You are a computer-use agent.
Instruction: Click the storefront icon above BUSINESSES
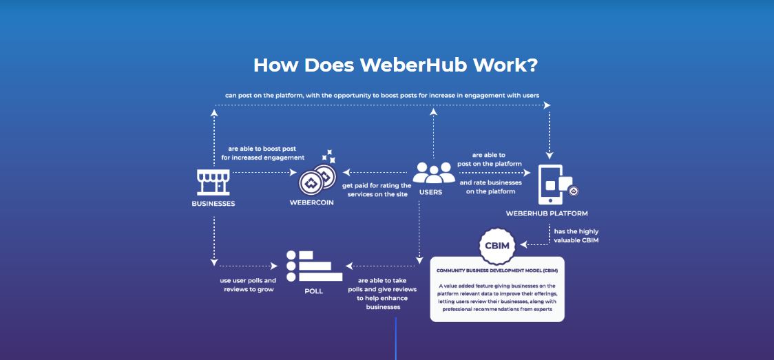pyautogui.click(x=213, y=182)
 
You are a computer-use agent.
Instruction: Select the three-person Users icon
pyautogui.click(x=434, y=173)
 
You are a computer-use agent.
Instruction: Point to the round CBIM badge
pyautogui.click(x=498, y=246)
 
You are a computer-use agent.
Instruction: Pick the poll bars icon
pyautogui.click(x=314, y=266)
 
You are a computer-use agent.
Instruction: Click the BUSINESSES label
pyautogui.click(x=213, y=203)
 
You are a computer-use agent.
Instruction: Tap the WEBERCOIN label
pyautogui.click(x=311, y=202)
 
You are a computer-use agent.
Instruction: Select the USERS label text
pyautogui.click(x=430, y=192)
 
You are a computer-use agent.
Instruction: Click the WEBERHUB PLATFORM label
pyautogui.click(x=547, y=213)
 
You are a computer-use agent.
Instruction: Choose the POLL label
pyautogui.click(x=313, y=291)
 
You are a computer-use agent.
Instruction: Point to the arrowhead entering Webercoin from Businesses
pyautogui.click(x=293, y=173)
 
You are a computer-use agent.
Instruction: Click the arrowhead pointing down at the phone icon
pyautogui.click(x=549, y=156)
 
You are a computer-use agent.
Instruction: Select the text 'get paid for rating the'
pyautogui.click(x=377, y=185)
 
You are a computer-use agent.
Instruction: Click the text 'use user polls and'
pyautogui.click(x=248, y=281)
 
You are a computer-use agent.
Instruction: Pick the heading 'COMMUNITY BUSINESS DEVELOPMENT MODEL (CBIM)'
pyautogui.click(x=497, y=271)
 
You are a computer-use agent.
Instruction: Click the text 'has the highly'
pyautogui.click(x=576, y=231)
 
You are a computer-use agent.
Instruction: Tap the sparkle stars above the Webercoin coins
pyautogui.click(x=328, y=156)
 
